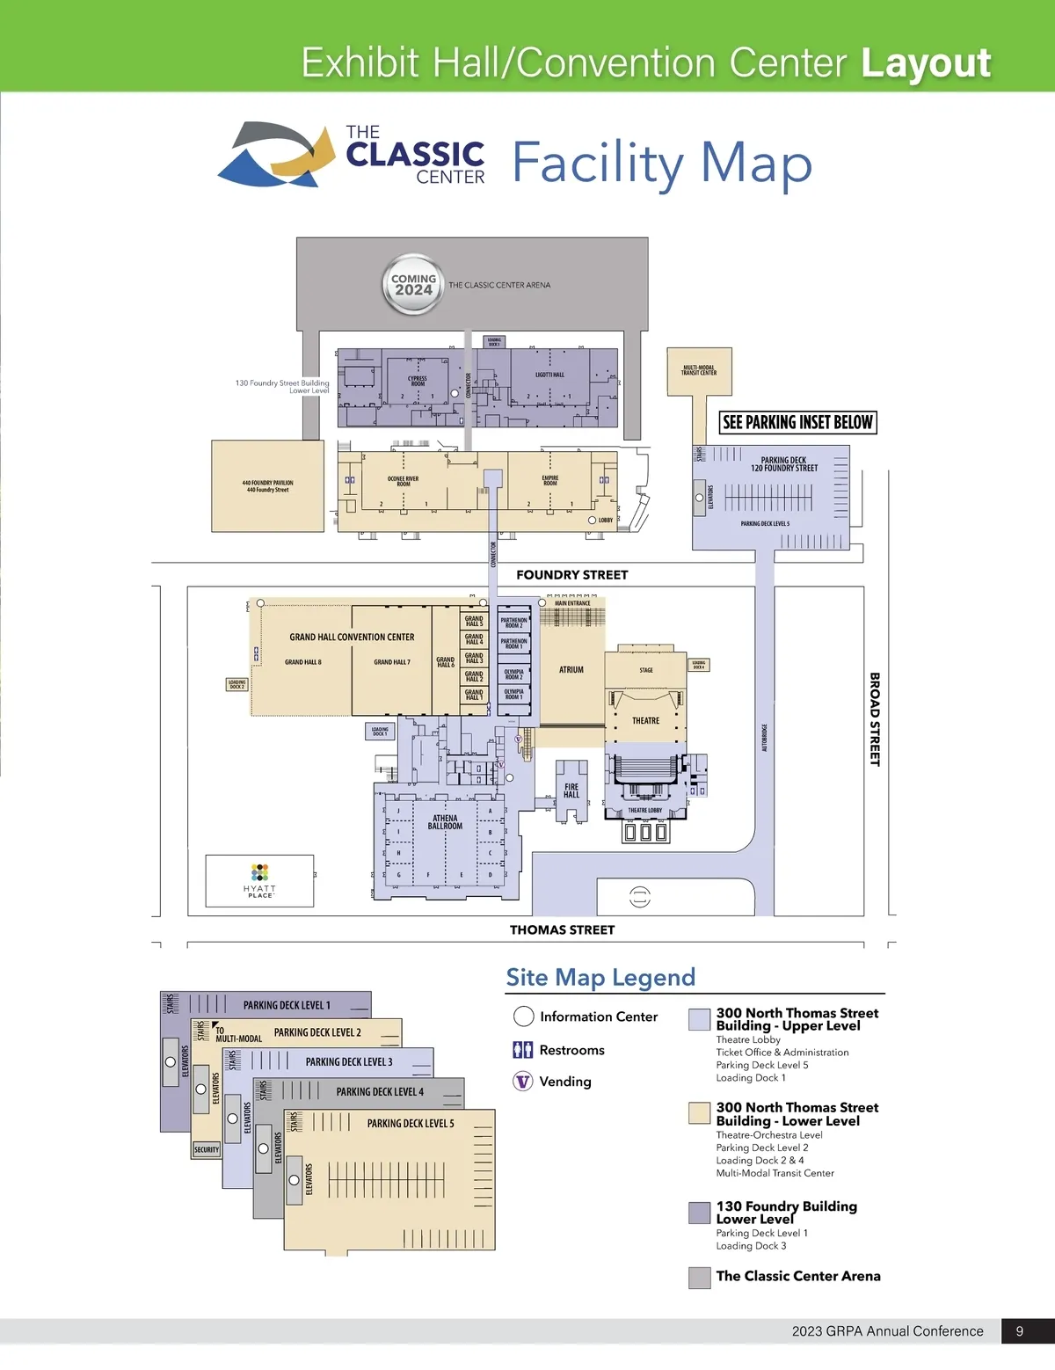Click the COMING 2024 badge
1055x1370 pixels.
tap(413, 284)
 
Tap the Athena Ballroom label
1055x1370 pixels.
tap(445, 822)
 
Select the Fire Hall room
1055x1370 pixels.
tap(571, 791)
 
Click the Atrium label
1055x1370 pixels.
tap(571, 670)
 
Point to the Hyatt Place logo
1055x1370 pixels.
tap(259, 879)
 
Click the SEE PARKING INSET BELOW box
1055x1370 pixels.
tap(797, 422)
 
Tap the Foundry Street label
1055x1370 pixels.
tap(571, 575)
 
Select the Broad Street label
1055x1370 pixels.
tap(875, 719)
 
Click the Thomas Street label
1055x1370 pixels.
tap(562, 929)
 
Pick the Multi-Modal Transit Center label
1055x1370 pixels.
tap(699, 370)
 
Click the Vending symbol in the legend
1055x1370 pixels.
tap(523, 1082)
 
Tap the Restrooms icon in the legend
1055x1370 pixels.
tap(523, 1050)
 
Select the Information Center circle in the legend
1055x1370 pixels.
tap(524, 1017)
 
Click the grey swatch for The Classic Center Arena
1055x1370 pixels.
tap(700, 1278)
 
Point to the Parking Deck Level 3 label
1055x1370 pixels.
tap(349, 1062)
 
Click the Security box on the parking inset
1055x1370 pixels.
tap(207, 1149)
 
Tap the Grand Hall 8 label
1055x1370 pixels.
tap(303, 662)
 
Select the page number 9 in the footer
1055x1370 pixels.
tap(1020, 1331)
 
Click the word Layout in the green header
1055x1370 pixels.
tap(926, 63)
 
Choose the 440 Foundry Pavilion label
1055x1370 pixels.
tap(268, 486)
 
